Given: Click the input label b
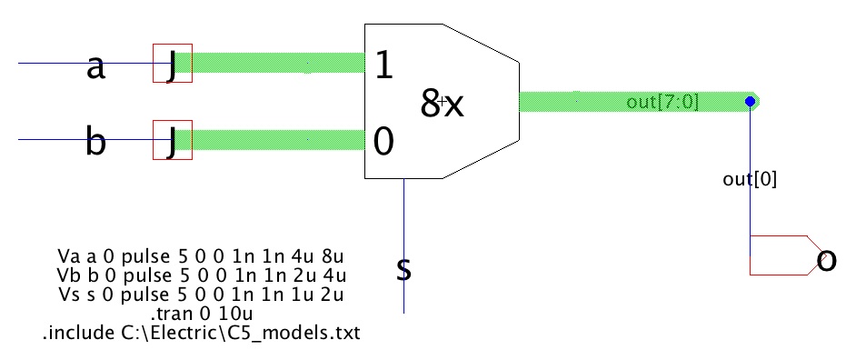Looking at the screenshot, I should pyautogui.click(x=95, y=144).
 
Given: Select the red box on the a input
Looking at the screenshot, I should pyautogui.click(x=172, y=64).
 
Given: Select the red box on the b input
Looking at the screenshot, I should pyautogui.click(x=172, y=140).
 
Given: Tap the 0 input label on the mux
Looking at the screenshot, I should pyautogui.click(x=383, y=142).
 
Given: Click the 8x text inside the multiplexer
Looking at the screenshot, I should pyautogui.click(x=443, y=105).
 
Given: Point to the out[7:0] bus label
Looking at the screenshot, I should pyautogui.click(x=662, y=102).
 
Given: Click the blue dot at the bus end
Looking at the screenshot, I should pyautogui.click(x=750, y=101).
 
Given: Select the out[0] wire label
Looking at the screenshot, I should pyautogui.click(x=750, y=180).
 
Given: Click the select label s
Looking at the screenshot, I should pyautogui.click(x=404, y=269).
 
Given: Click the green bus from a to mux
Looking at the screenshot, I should pyautogui.click(x=277, y=63).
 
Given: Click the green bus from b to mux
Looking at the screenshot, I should pyautogui.click(x=277, y=140).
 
